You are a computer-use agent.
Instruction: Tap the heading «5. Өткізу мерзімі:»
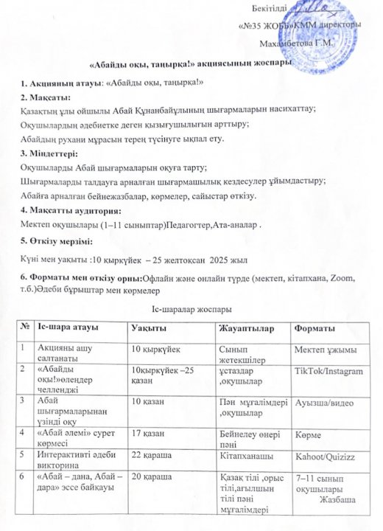click(56, 242)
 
